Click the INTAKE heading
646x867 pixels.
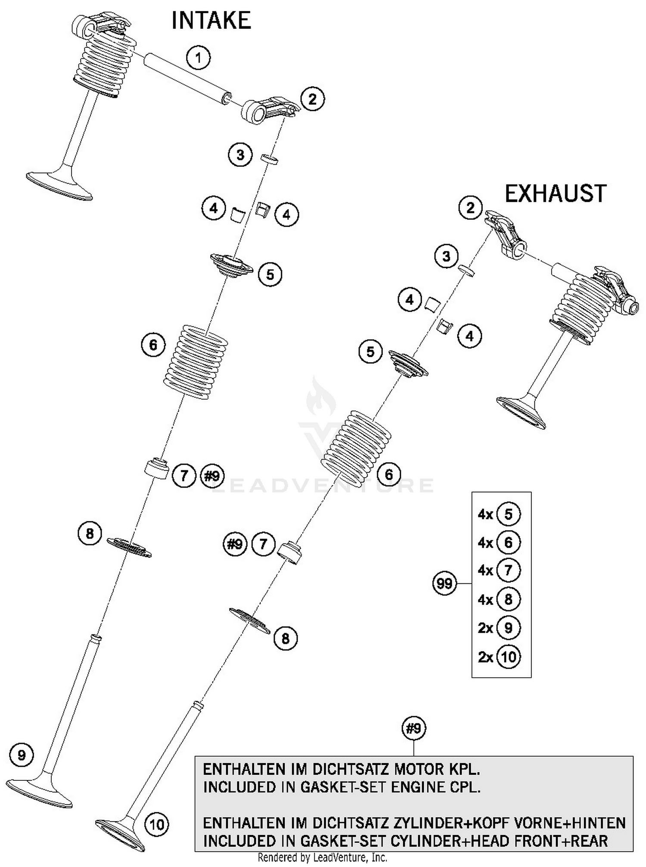[x=211, y=21]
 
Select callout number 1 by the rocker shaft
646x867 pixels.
[x=199, y=57]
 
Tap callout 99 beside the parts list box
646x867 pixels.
[x=444, y=584]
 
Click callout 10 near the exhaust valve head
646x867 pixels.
[x=157, y=824]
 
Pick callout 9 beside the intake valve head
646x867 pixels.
[x=21, y=755]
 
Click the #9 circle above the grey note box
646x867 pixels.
[x=413, y=729]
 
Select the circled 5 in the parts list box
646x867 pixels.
[x=508, y=514]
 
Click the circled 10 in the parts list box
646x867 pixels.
[x=509, y=657]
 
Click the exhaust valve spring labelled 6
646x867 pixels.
[x=356, y=447]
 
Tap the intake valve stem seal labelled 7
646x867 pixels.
[x=157, y=469]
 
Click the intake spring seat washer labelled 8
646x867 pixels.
[x=129, y=547]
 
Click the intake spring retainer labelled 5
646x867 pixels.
[x=231, y=266]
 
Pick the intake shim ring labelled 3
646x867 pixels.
[x=269, y=160]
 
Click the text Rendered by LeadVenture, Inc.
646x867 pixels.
[x=322, y=857]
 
